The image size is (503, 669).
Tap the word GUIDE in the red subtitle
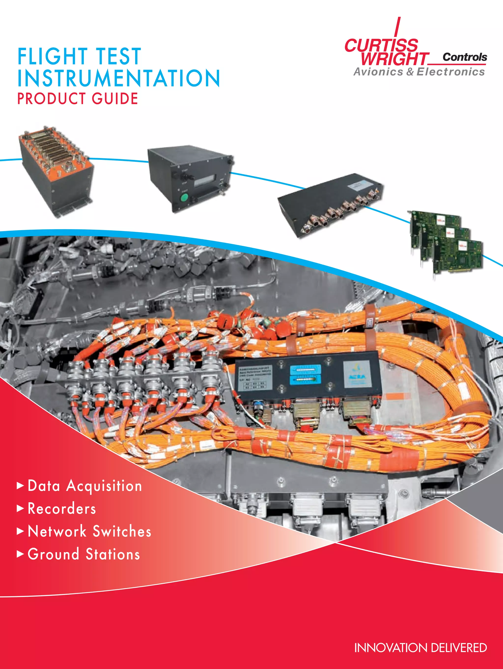pyautogui.click(x=115, y=99)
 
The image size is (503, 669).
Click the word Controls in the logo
pyautogui.click(x=465, y=57)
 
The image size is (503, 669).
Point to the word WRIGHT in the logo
pyautogui.click(x=394, y=59)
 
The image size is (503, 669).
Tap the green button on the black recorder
pyautogui.click(x=184, y=198)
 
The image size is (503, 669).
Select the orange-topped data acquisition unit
pyautogui.click(x=56, y=171)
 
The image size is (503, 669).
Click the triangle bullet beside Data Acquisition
pyautogui.click(x=20, y=486)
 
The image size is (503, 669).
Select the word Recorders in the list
pyautogui.click(x=62, y=509)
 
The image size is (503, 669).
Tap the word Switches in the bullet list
pyautogui.click(x=122, y=531)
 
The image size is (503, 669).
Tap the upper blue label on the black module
pyautogui.click(x=305, y=370)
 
